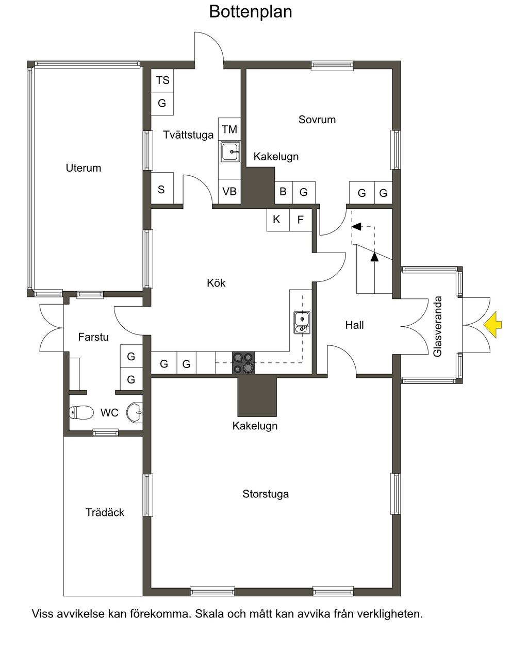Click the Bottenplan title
[250, 12]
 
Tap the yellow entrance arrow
[492, 325]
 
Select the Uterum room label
[84, 168]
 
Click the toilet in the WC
[81, 412]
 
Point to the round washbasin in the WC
[135, 412]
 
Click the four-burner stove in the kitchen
[243, 362]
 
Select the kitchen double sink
[302, 323]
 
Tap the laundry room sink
[230, 152]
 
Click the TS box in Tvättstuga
[162, 80]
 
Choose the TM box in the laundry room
[229, 129]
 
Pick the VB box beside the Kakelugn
[229, 192]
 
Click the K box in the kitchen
[278, 220]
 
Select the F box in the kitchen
[301, 220]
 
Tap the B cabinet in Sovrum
[284, 192]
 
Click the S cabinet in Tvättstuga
[162, 188]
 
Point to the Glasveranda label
[438, 326]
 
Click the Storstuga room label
[266, 494]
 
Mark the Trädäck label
[105, 512]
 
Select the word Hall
[354, 325]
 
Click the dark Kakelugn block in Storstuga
[257, 397]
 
